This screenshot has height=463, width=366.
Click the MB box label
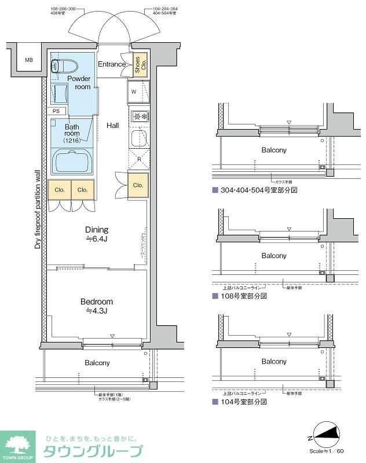tap(28, 60)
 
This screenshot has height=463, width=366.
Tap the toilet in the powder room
tap(60, 65)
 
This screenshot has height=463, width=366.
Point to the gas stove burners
tap(139, 116)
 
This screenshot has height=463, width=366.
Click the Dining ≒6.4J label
tap(97, 234)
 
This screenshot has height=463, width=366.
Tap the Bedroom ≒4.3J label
tap(97, 306)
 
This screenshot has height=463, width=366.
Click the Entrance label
tap(111, 64)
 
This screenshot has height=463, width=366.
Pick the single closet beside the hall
tap(138, 185)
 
